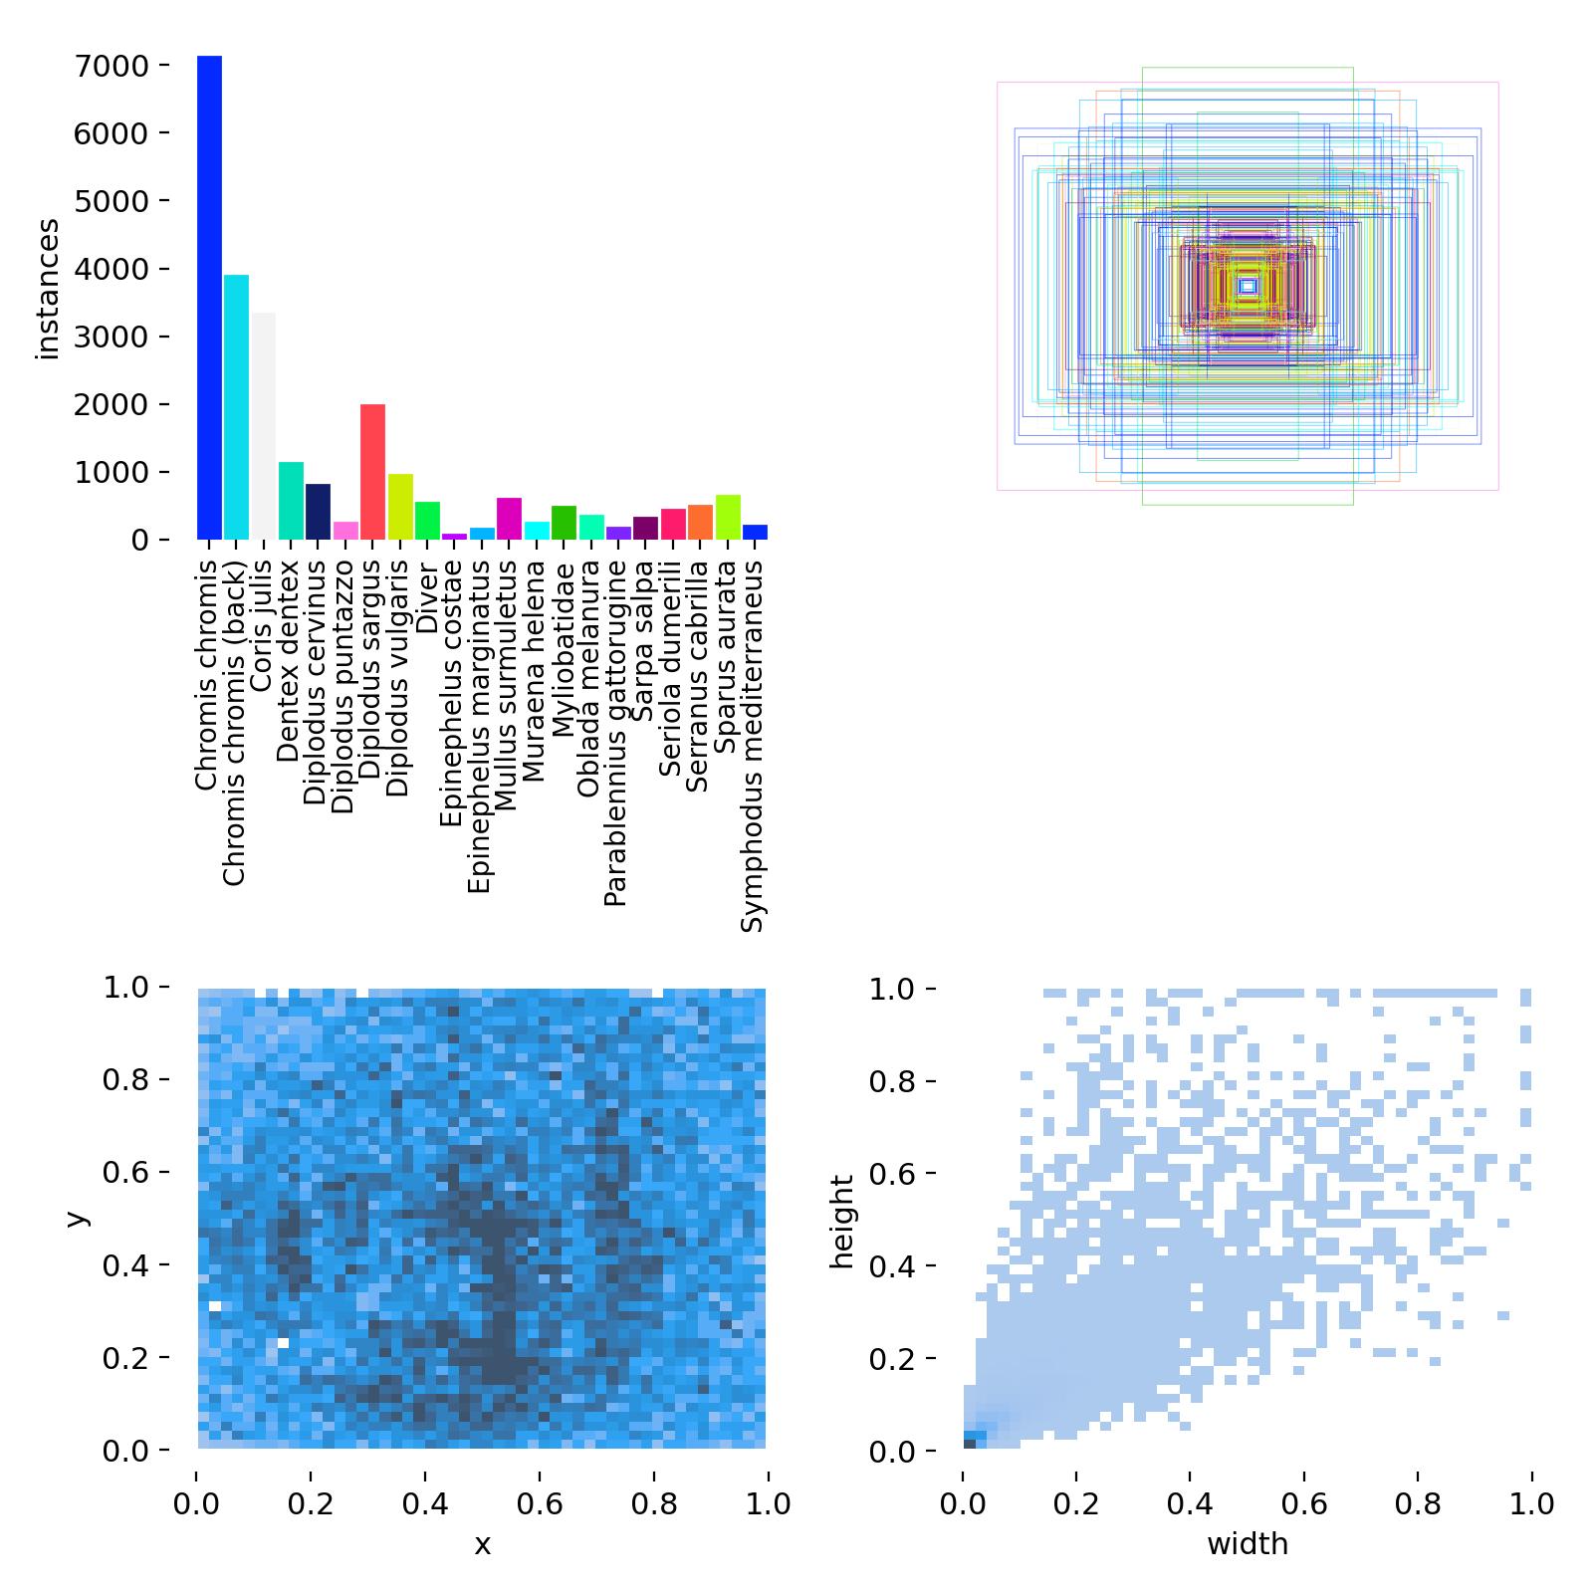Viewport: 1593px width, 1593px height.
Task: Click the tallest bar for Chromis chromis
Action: pyautogui.click(x=209, y=299)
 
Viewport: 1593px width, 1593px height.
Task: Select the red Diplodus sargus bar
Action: pyautogui.click(x=372, y=472)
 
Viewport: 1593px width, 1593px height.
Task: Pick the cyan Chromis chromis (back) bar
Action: pyautogui.click(x=236, y=407)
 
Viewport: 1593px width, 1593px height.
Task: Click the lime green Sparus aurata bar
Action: pyautogui.click(x=728, y=518)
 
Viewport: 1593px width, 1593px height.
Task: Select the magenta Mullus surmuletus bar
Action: pyautogui.click(x=509, y=519)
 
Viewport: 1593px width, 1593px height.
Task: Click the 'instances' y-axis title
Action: pyautogui.click(x=48, y=289)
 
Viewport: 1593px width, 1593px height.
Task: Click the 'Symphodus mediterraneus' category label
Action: pyautogui.click(x=754, y=746)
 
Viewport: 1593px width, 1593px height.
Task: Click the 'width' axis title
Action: pyautogui.click(x=1248, y=1544)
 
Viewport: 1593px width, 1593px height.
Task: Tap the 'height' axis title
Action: pyautogui.click(x=844, y=1222)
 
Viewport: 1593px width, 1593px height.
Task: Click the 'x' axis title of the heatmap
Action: pyautogui.click(x=482, y=1544)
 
